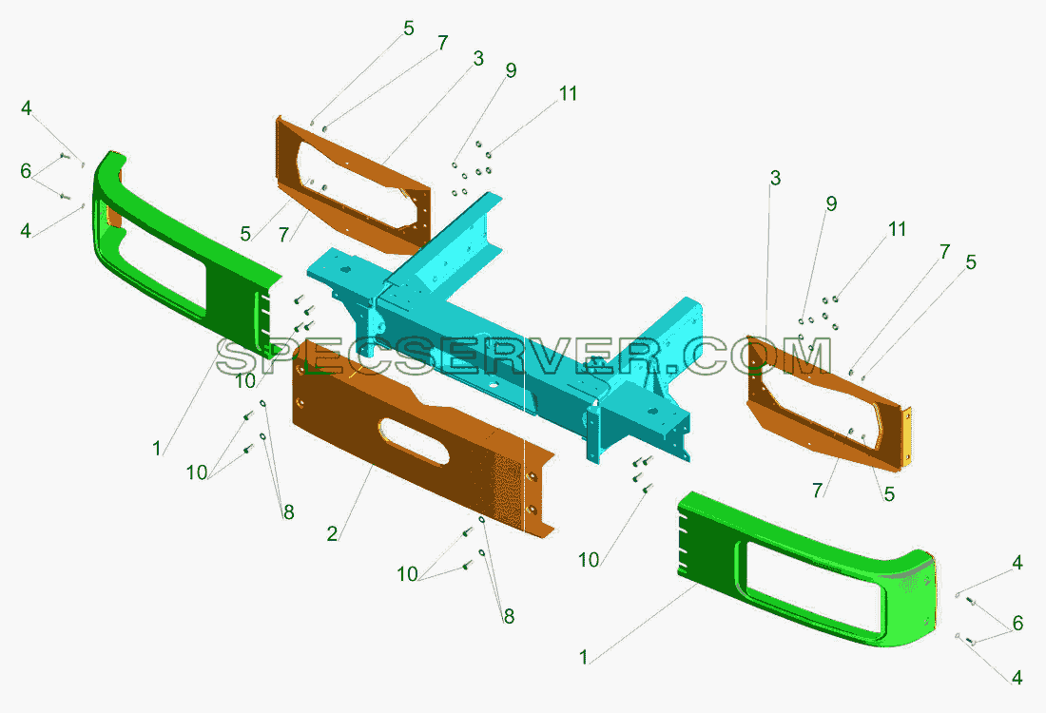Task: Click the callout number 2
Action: [332, 533]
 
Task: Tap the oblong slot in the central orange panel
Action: [414, 441]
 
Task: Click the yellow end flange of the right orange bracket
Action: [907, 434]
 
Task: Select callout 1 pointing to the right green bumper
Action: [584, 657]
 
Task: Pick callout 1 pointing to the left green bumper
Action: [157, 448]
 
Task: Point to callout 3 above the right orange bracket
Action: [774, 178]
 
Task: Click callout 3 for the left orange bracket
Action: [477, 59]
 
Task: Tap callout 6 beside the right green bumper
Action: [1017, 623]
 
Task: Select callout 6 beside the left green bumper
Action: [26, 171]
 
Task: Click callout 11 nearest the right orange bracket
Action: [898, 229]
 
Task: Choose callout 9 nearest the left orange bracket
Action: [511, 70]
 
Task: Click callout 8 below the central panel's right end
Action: [509, 616]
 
